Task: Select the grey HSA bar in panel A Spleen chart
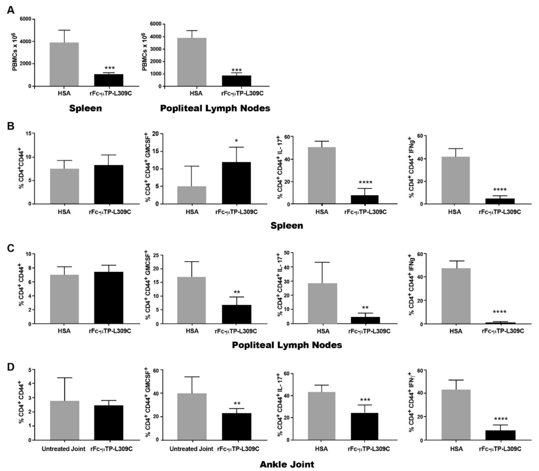point(64,64)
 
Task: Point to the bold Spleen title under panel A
point(85,108)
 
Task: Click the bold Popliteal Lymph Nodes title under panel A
point(215,108)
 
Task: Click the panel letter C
point(10,248)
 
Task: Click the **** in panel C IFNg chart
point(499,312)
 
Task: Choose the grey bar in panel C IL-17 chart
point(323,303)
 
